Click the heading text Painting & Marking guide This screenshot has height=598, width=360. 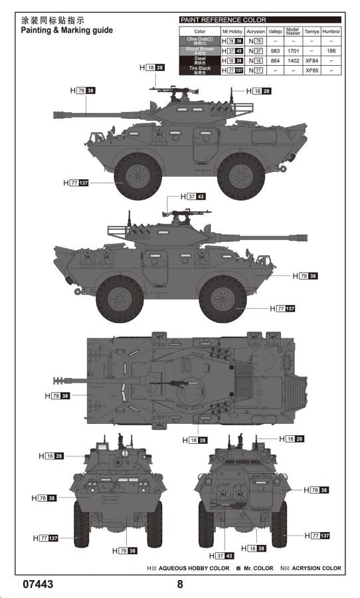(x=66, y=31)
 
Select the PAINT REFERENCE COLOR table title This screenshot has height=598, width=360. (x=223, y=20)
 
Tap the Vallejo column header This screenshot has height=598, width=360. (x=274, y=31)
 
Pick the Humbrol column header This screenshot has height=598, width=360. (x=330, y=31)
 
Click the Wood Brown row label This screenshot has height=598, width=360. (x=200, y=50)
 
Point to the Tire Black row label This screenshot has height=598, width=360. (x=200, y=69)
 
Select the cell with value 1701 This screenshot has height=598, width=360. (x=293, y=50)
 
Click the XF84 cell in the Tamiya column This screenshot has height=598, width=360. (x=312, y=60)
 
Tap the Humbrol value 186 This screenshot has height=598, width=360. (x=330, y=50)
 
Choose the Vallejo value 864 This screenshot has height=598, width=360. (x=274, y=60)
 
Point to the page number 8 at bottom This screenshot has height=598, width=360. (x=179, y=585)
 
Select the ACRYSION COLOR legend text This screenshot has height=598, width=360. (x=311, y=568)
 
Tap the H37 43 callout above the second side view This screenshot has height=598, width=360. (x=192, y=197)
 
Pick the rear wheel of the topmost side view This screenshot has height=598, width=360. (x=242, y=175)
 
